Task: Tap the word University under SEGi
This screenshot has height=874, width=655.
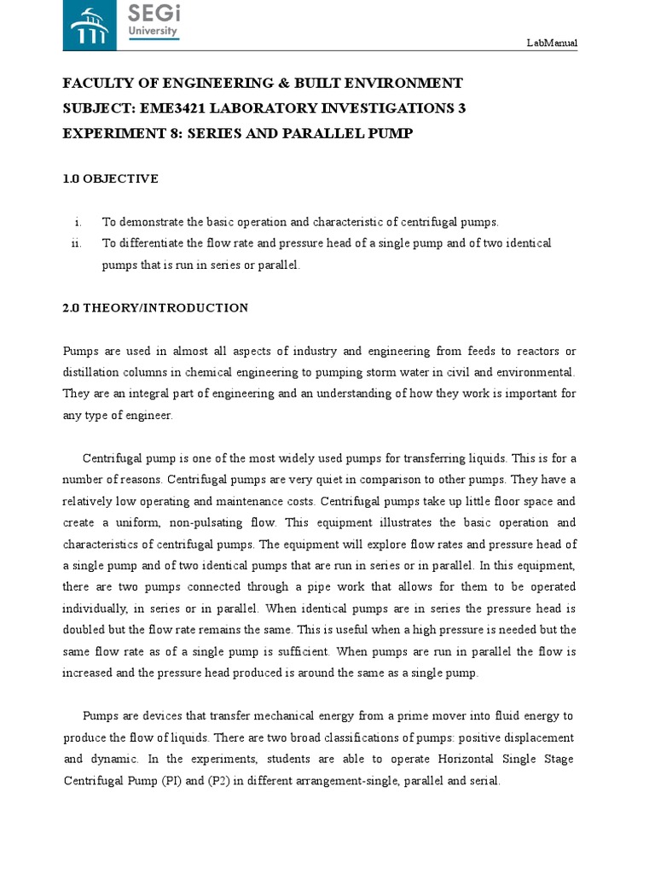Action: click(x=152, y=30)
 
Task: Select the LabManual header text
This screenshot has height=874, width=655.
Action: click(x=552, y=43)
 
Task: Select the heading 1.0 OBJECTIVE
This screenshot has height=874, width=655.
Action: click(x=110, y=178)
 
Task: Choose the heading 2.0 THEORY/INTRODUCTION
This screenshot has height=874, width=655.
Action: click(x=155, y=307)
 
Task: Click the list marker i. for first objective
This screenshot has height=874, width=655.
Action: click(x=78, y=222)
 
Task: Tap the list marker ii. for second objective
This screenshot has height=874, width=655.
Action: click(x=76, y=243)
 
